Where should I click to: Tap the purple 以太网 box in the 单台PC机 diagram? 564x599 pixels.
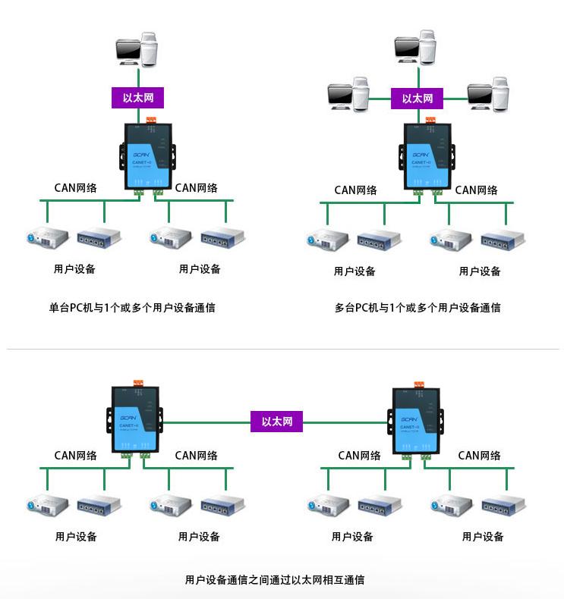(x=137, y=97)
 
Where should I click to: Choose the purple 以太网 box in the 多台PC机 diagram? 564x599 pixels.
(x=417, y=98)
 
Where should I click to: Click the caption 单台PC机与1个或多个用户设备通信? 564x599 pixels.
(x=131, y=308)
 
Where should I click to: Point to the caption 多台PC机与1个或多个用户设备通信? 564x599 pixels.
(x=417, y=308)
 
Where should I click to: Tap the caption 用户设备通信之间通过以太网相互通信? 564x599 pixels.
(x=275, y=580)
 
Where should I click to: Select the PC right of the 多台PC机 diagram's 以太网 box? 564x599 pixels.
(x=489, y=95)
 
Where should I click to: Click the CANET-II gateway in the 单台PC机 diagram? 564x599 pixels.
(x=147, y=157)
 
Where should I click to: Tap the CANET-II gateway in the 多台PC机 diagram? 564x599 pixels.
(x=427, y=157)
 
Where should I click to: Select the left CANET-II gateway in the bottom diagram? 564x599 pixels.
(x=137, y=419)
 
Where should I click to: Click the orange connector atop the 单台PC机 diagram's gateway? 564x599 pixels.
(x=150, y=119)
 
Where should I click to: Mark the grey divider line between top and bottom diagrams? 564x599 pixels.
(x=282, y=350)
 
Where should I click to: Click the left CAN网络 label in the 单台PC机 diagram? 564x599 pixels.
(x=75, y=187)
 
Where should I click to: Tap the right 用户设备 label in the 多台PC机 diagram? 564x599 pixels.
(x=480, y=271)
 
